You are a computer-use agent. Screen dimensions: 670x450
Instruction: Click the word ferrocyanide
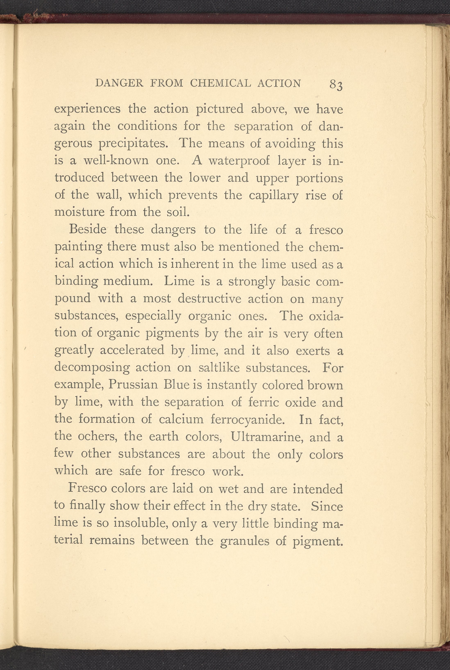pyautogui.click(x=248, y=419)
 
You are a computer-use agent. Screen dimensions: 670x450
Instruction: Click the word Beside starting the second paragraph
pyautogui.click(x=88, y=230)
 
